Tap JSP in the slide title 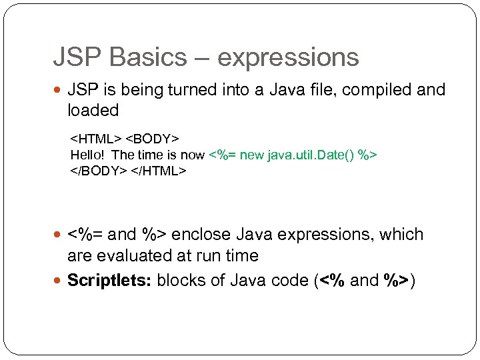[74, 57]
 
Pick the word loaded [93, 110]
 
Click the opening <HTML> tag [96, 139]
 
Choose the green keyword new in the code [252, 155]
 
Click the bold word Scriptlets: [109, 280]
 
